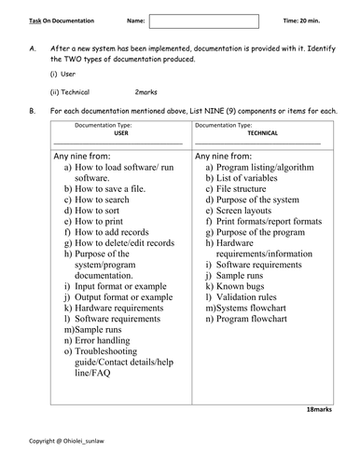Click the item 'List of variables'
coord(249,177)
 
